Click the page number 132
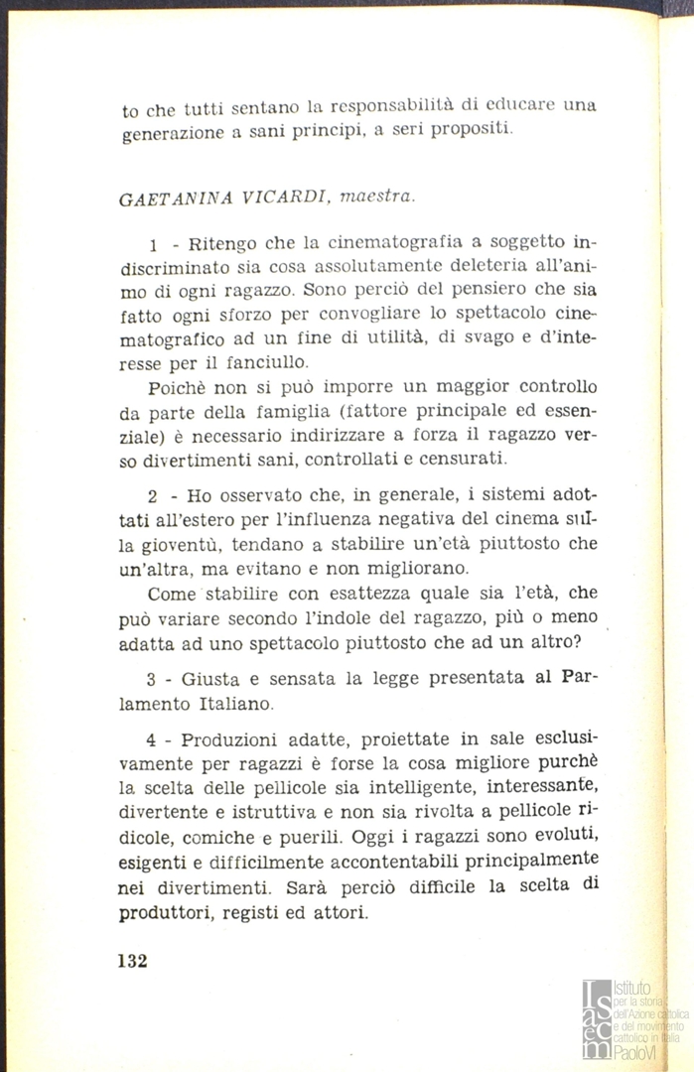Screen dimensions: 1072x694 [x=132, y=961]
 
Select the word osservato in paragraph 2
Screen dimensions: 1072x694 [x=247, y=496]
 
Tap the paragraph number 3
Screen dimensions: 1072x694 [x=152, y=680]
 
